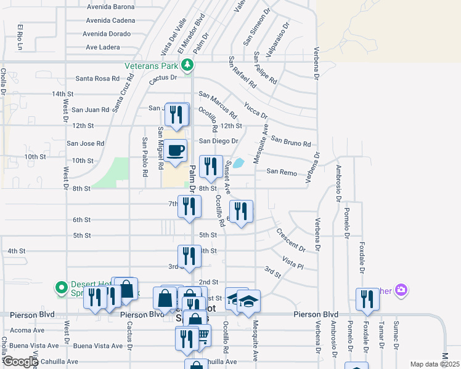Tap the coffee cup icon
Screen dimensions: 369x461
click(x=176, y=149)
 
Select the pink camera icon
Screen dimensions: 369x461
click(x=401, y=289)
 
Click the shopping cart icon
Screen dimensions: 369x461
click(x=202, y=336)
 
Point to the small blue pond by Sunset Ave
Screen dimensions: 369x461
click(x=239, y=163)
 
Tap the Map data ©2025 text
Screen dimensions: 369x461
click(x=434, y=364)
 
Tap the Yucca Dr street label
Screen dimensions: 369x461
click(x=255, y=111)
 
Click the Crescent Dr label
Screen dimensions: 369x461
click(x=290, y=239)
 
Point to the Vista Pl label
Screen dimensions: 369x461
click(x=293, y=263)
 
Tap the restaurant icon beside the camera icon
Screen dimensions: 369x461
click(x=367, y=299)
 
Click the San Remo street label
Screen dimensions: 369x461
click(x=282, y=172)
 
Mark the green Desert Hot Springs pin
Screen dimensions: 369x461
click(x=61, y=287)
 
